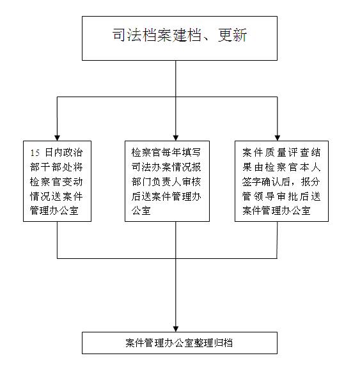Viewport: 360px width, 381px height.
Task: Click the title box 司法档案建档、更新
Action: coord(180,38)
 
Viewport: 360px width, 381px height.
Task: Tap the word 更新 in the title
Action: coord(232,35)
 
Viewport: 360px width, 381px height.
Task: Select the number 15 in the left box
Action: coord(35,153)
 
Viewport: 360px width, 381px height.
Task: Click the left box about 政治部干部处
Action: coord(57,181)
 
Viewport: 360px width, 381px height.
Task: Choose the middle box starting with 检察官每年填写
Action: coord(168,181)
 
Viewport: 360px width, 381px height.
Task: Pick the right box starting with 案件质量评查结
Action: coord(281,181)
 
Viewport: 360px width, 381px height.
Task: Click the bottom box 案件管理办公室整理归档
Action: coord(180,343)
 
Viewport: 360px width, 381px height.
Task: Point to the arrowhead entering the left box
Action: coord(57,138)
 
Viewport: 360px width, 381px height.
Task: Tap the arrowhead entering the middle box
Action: coord(176,138)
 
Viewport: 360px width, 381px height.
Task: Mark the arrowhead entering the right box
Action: coord(278,138)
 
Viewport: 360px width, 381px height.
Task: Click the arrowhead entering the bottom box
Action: coord(176,329)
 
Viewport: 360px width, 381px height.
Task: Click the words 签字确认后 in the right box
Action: coord(266,182)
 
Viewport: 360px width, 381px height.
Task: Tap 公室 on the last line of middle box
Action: coord(141,211)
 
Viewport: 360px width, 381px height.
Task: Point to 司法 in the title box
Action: coord(127,35)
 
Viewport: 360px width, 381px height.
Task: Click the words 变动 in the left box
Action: coord(73,182)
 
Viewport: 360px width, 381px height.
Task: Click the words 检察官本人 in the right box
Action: coord(293,167)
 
